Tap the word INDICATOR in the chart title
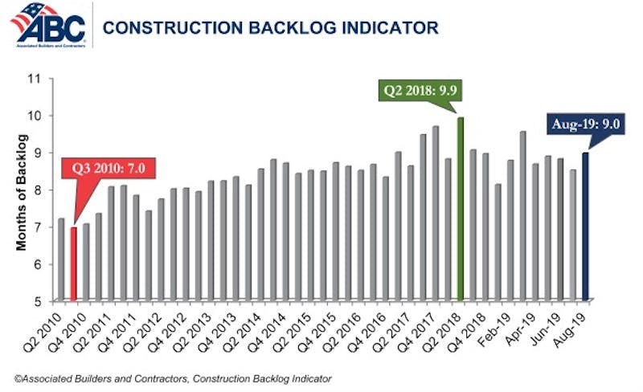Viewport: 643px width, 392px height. click(389, 28)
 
